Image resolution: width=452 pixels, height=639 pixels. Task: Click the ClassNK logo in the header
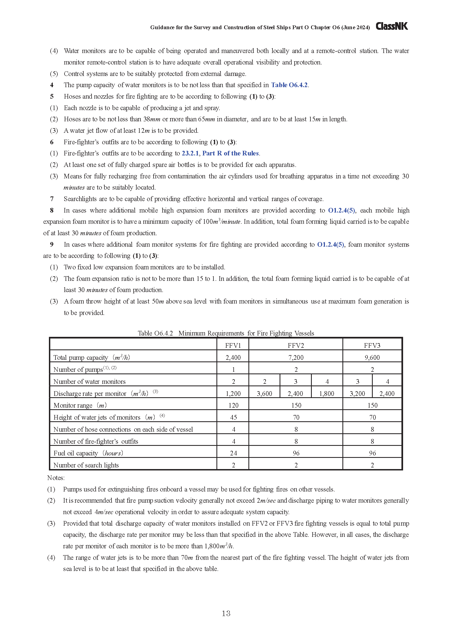(392, 26)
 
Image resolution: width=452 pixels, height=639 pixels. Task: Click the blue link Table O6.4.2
(289, 85)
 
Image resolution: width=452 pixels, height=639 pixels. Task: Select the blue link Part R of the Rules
(230, 153)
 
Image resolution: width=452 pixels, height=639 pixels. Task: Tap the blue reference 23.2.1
(190, 153)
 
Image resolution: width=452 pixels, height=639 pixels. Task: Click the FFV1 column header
(233, 345)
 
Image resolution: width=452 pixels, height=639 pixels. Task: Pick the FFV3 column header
(372, 345)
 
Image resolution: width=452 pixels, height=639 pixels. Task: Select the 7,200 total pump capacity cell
(296, 357)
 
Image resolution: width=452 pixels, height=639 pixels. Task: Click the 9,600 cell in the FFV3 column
(372, 357)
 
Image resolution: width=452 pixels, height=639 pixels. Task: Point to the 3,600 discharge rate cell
(265, 393)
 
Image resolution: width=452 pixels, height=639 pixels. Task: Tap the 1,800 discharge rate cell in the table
(327, 393)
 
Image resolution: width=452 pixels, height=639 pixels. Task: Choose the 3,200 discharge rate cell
(357, 393)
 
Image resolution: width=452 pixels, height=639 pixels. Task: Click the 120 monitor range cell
(233, 405)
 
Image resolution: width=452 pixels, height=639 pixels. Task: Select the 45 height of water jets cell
(233, 417)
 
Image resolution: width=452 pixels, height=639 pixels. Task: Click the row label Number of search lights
(86, 465)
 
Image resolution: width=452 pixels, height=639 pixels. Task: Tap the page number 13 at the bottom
(226, 613)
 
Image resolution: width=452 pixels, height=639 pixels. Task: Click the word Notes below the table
(56, 478)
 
